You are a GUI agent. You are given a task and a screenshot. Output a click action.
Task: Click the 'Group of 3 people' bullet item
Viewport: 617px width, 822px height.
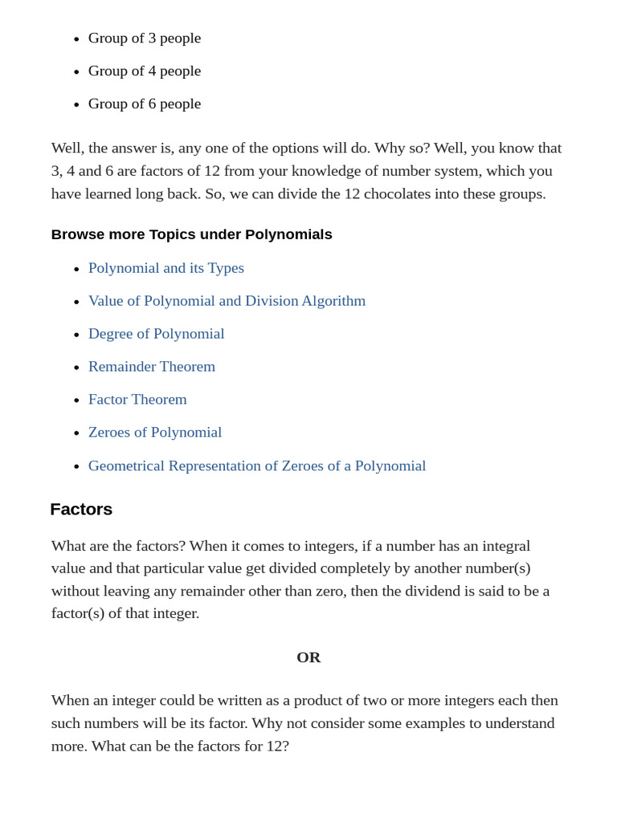pyautogui.click(x=145, y=38)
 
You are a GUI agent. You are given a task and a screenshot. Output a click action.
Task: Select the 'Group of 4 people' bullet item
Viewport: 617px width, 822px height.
pyautogui.click(x=145, y=71)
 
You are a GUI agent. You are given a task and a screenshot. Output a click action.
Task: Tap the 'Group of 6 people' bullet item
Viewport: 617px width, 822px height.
pyautogui.click(x=145, y=104)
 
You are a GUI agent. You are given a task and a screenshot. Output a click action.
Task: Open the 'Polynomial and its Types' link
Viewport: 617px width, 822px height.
pyautogui.click(x=166, y=268)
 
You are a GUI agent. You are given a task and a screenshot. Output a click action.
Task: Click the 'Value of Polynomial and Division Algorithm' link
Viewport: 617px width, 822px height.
pyautogui.click(x=227, y=301)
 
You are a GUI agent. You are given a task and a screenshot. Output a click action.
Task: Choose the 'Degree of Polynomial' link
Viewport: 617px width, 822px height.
pyautogui.click(x=156, y=334)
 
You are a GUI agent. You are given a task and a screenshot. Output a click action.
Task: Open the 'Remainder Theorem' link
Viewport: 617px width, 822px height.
pyautogui.click(x=152, y=367)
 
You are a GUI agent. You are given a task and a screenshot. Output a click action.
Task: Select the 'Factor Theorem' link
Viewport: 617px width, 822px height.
pyautogui.click(x=137, y=400)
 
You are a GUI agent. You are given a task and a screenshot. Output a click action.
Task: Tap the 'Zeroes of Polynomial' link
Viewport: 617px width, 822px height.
pyautogui.click(x=155, y=433)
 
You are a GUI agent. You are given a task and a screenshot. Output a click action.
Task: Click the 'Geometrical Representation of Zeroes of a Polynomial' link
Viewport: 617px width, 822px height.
pyautogui.click(x=257, y=466)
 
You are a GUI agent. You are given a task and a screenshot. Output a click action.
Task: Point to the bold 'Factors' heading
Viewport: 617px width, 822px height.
pyautogui.click(x=81, y=510)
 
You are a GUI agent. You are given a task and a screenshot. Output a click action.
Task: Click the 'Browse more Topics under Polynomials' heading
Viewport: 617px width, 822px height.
pyautogui.click(x=191, y=234)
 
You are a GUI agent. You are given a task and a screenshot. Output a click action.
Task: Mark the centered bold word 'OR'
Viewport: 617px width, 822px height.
pyautogui.click(x=308, y=657)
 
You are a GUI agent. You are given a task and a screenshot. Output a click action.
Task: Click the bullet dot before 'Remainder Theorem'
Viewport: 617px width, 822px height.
pyautogui.click(x=76, y=368)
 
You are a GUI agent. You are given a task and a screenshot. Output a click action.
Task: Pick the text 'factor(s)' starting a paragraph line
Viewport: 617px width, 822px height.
pyautogui.click(x=78, y=613)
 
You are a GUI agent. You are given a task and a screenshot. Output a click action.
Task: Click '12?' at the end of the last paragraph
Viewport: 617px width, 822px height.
pyautogui.click(x=277, y=746)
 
